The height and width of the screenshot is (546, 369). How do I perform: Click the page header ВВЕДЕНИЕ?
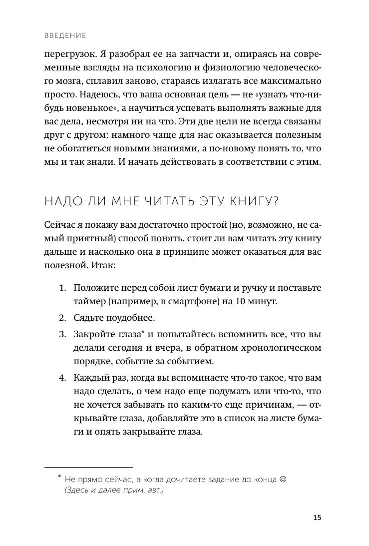pos(65,35)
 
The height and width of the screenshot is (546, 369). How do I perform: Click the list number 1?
pos(62,288)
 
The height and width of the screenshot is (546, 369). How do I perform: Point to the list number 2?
pos(62,318)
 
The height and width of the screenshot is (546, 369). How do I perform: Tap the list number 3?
pos(62,334)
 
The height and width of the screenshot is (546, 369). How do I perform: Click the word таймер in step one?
pos(88,302)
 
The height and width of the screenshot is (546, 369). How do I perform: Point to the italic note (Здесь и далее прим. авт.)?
pos(114,491)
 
